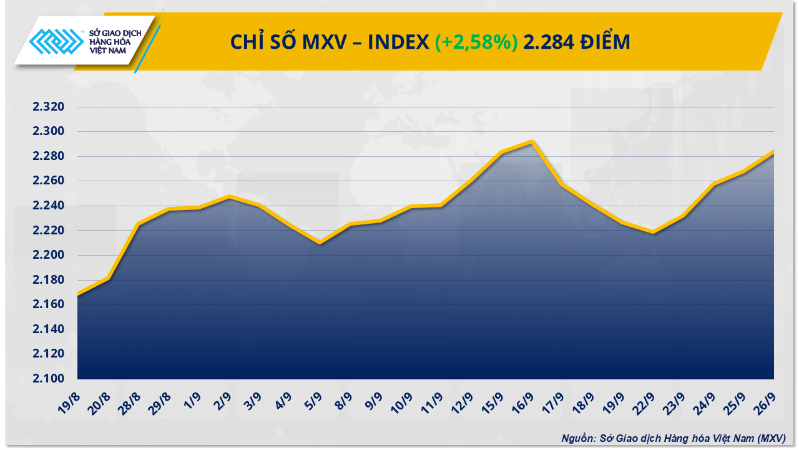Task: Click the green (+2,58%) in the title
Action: [x=476, y=42]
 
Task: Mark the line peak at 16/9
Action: [x=531, y=142]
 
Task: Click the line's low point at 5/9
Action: [x=320, y=242]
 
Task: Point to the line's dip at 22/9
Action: [x=652, y=232]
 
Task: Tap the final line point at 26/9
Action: [x=774, y=151]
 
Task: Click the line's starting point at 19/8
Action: [x=78, y=294]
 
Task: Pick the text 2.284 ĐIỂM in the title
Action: [x=577, y=42]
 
